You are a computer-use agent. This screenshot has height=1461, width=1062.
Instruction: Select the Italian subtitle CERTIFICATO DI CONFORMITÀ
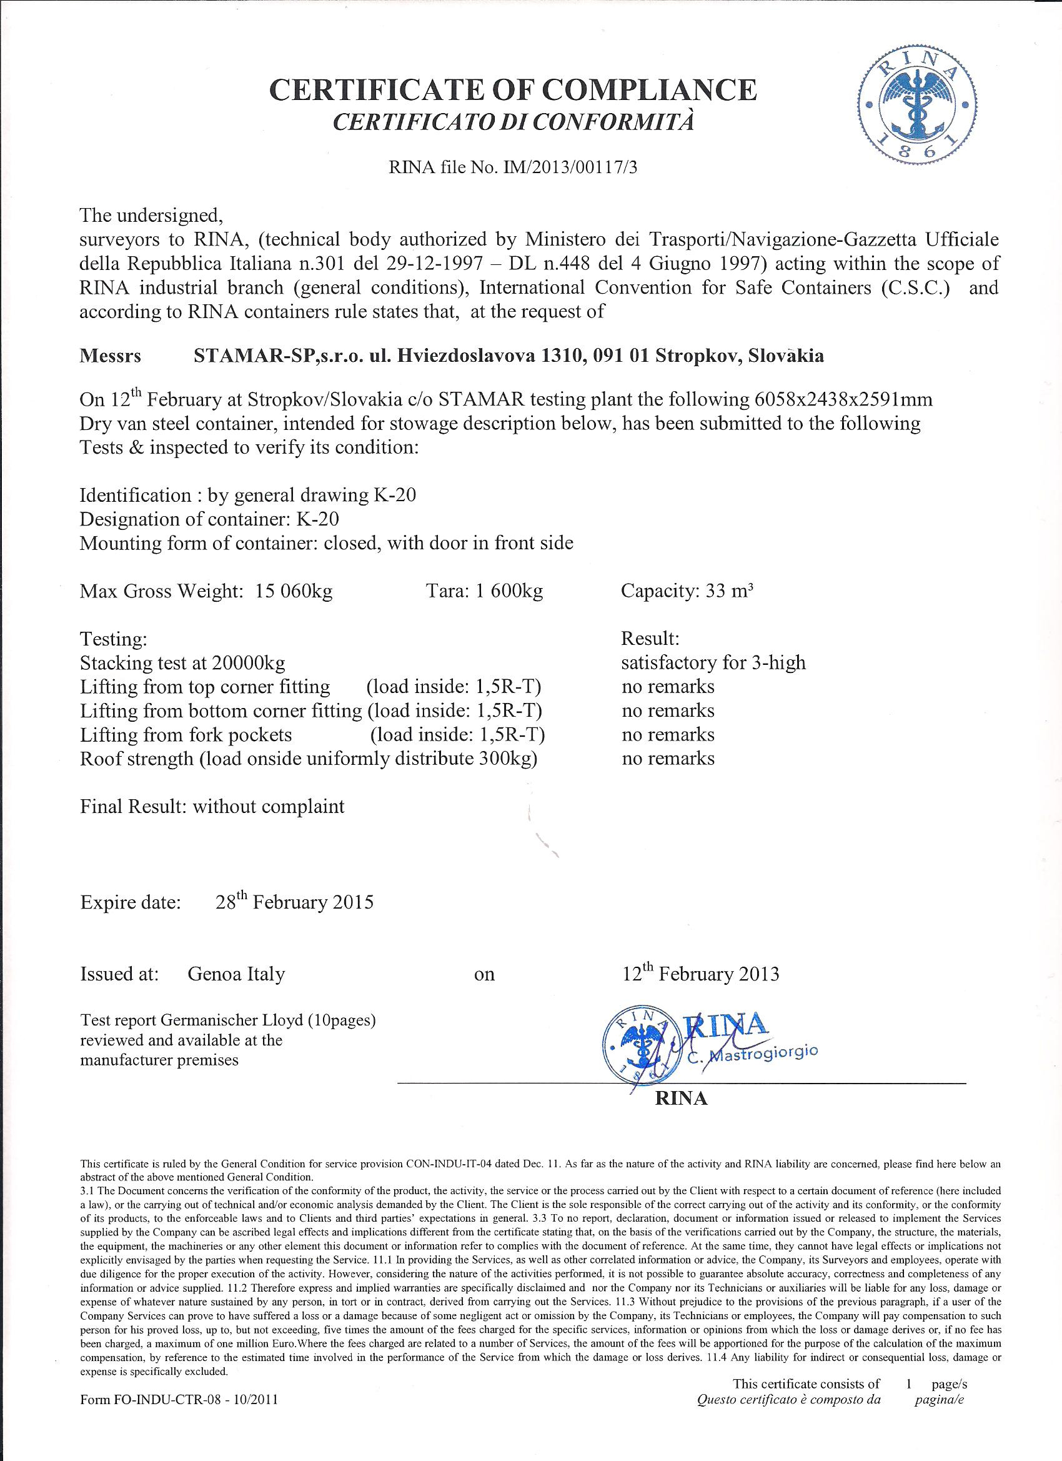point(514,122)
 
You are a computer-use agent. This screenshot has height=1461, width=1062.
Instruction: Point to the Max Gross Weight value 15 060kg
point(294,591)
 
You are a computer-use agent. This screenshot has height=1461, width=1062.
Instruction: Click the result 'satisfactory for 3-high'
point(713,662)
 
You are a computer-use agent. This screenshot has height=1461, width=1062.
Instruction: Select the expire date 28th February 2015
point(294,901)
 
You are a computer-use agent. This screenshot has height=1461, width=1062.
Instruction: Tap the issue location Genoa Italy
point(236,974)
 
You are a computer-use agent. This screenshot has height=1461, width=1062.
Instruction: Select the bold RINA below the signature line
point(681,1099)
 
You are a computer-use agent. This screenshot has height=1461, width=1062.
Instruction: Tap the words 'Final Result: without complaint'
point(212,807)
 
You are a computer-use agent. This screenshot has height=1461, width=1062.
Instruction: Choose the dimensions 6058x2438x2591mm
point(841,399)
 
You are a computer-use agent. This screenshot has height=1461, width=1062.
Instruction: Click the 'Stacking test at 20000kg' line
point(182,663)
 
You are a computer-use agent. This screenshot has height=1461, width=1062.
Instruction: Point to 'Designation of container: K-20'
point(209,519)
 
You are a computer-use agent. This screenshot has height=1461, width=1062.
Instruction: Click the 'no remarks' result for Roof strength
point(668,759)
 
